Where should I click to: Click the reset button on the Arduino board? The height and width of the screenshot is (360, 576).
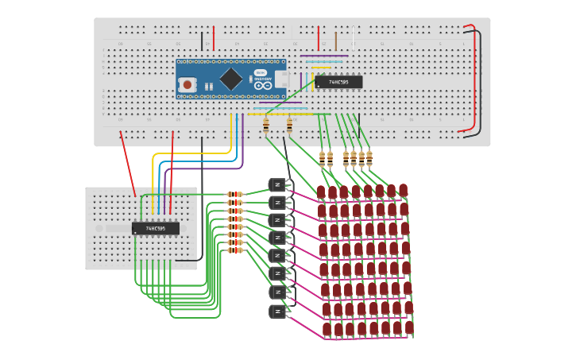[187, 83]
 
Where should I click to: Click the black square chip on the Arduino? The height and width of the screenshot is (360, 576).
[230, 78]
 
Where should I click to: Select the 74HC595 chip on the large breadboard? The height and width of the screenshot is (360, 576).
[338, 82]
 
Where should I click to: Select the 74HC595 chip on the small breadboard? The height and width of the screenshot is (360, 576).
[156, 228]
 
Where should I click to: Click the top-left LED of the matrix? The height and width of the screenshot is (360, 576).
[321, 192]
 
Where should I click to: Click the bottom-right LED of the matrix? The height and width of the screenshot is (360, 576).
[409, 327]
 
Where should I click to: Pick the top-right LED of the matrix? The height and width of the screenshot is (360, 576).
[403, 190]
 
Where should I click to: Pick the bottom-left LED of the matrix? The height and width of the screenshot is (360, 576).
[327, 329]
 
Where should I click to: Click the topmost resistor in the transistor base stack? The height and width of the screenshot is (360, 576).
[234, 194]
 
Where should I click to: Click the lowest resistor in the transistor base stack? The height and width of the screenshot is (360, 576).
[234, 250]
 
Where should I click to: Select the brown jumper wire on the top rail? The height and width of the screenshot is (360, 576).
[335, 40]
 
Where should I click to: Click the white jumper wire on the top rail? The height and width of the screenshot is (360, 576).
[354, 37]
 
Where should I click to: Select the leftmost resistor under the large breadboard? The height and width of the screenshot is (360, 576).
[265, 125]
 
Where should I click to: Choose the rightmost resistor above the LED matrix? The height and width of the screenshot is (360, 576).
[369, 157]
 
